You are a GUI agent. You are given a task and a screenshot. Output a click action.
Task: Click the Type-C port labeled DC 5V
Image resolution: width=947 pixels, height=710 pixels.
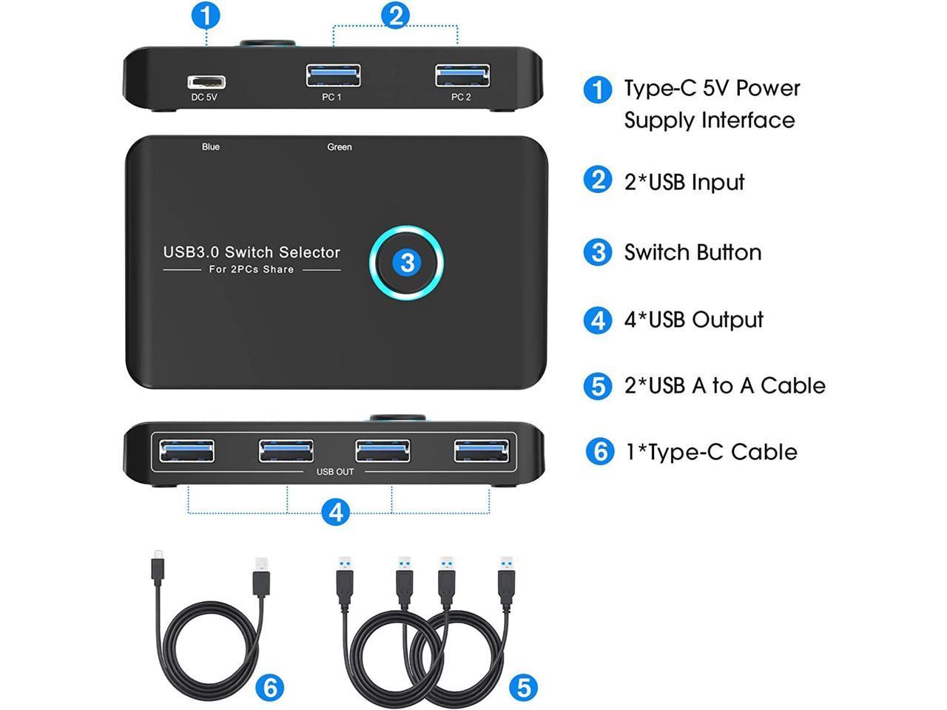pyautogui.click(x=206, y=82)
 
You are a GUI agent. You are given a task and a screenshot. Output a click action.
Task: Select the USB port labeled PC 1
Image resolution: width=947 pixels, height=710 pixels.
pyautogui.click(x=333, y=75)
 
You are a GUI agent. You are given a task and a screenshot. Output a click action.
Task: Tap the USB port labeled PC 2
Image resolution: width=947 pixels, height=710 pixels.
pyautogui.click(x=462, y=75)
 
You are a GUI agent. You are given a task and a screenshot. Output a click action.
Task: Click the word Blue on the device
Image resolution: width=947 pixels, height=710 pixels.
pyautogui.click(x=211, y=146)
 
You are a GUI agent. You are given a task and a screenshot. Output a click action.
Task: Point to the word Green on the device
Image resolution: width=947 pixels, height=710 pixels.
pyautogui.click(x=339, y=147)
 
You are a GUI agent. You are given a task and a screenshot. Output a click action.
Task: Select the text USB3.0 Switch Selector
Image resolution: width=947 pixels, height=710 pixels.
pyautogui.click(x=252, y=252)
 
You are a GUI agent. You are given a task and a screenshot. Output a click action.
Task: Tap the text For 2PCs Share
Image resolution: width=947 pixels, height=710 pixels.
pyautogui.click(x=251, y=269)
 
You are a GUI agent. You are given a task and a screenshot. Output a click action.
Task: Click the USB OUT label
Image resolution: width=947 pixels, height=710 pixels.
pyautogui.click(x=335, y=472)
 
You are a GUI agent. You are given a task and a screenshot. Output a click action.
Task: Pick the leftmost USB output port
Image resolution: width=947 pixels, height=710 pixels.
pyautogui.click(x=186, y=451)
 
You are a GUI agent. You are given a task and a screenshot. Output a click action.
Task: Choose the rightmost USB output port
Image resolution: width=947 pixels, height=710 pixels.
pyautogui.click(x=482, y=451)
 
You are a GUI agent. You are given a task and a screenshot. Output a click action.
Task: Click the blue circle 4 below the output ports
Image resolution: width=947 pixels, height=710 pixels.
pyautogui.click(x=336, y=513)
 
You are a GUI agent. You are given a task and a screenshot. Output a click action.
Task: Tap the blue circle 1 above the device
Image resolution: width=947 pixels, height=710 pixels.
pyautogui.click(x=206, y=16)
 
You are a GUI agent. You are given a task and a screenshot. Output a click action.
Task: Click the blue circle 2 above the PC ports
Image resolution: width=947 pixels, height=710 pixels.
pyautogui.click(x=395, y=16)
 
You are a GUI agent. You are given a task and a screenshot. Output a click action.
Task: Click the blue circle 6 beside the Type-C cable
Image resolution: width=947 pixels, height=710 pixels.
pyautogui.click(x=269, y=687)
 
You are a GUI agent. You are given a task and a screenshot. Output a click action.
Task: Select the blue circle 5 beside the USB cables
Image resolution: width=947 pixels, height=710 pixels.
pyautogui.click(x=523, y=688)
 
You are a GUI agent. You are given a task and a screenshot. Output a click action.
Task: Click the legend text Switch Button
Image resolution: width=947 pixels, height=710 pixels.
pyautogui.click(x=693, y=252)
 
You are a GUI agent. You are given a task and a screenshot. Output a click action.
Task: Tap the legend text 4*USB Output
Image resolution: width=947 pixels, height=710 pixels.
pyautogui.click(x=694, y=319)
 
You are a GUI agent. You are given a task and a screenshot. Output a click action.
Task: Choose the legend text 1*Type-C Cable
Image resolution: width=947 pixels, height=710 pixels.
pyautogui.click(x=712, y=452)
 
